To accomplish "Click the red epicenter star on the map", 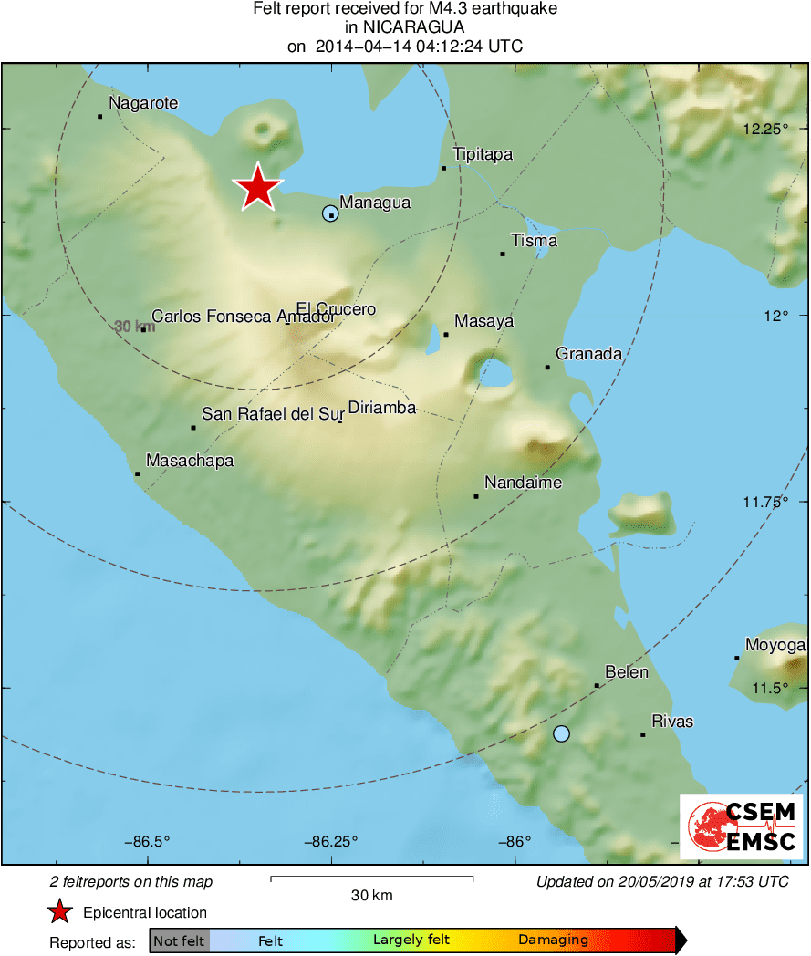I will tap(258, 187).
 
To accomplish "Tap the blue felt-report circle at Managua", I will tap(330, 213).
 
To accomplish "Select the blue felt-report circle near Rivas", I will tap(561, 733).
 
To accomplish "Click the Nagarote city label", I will tap(143, 104).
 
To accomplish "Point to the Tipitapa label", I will tap(483, 155).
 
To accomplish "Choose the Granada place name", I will tap(588, 354).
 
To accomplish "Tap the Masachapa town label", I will tap(190, 462).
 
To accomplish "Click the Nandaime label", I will tap(523, 483).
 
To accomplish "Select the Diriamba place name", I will tap(382, 408).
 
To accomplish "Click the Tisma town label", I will tap(534, 242).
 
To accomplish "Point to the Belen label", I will tap(627, 673).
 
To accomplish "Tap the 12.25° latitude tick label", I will tap(764, 130).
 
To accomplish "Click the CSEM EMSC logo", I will tap(741, 826).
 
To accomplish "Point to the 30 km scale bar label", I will tap(371, 896).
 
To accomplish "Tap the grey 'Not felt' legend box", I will tap(180, 940).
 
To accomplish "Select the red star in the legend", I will tap(60, 912).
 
